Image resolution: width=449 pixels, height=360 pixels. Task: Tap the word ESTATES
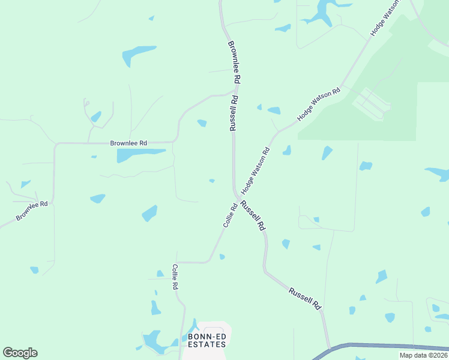[x=207, y=344]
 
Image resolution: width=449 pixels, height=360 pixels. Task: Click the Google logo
[x=20, y=353]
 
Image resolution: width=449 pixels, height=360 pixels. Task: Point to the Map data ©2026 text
[x=424, y=355]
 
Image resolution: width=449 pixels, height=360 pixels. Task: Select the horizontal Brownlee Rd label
[x=128, y=143]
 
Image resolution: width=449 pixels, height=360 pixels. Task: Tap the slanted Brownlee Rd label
[x=32, y=211]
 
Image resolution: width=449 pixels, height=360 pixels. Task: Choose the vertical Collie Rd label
[x=175, y=277]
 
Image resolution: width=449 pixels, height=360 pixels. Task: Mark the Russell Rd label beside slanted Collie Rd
[x=253, y=215]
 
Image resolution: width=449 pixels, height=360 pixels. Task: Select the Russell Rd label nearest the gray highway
[x=305, y=298]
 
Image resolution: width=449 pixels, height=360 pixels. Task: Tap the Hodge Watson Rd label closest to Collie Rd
[x=256, y=170]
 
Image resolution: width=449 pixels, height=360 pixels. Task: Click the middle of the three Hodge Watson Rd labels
[x=319, y=104]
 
